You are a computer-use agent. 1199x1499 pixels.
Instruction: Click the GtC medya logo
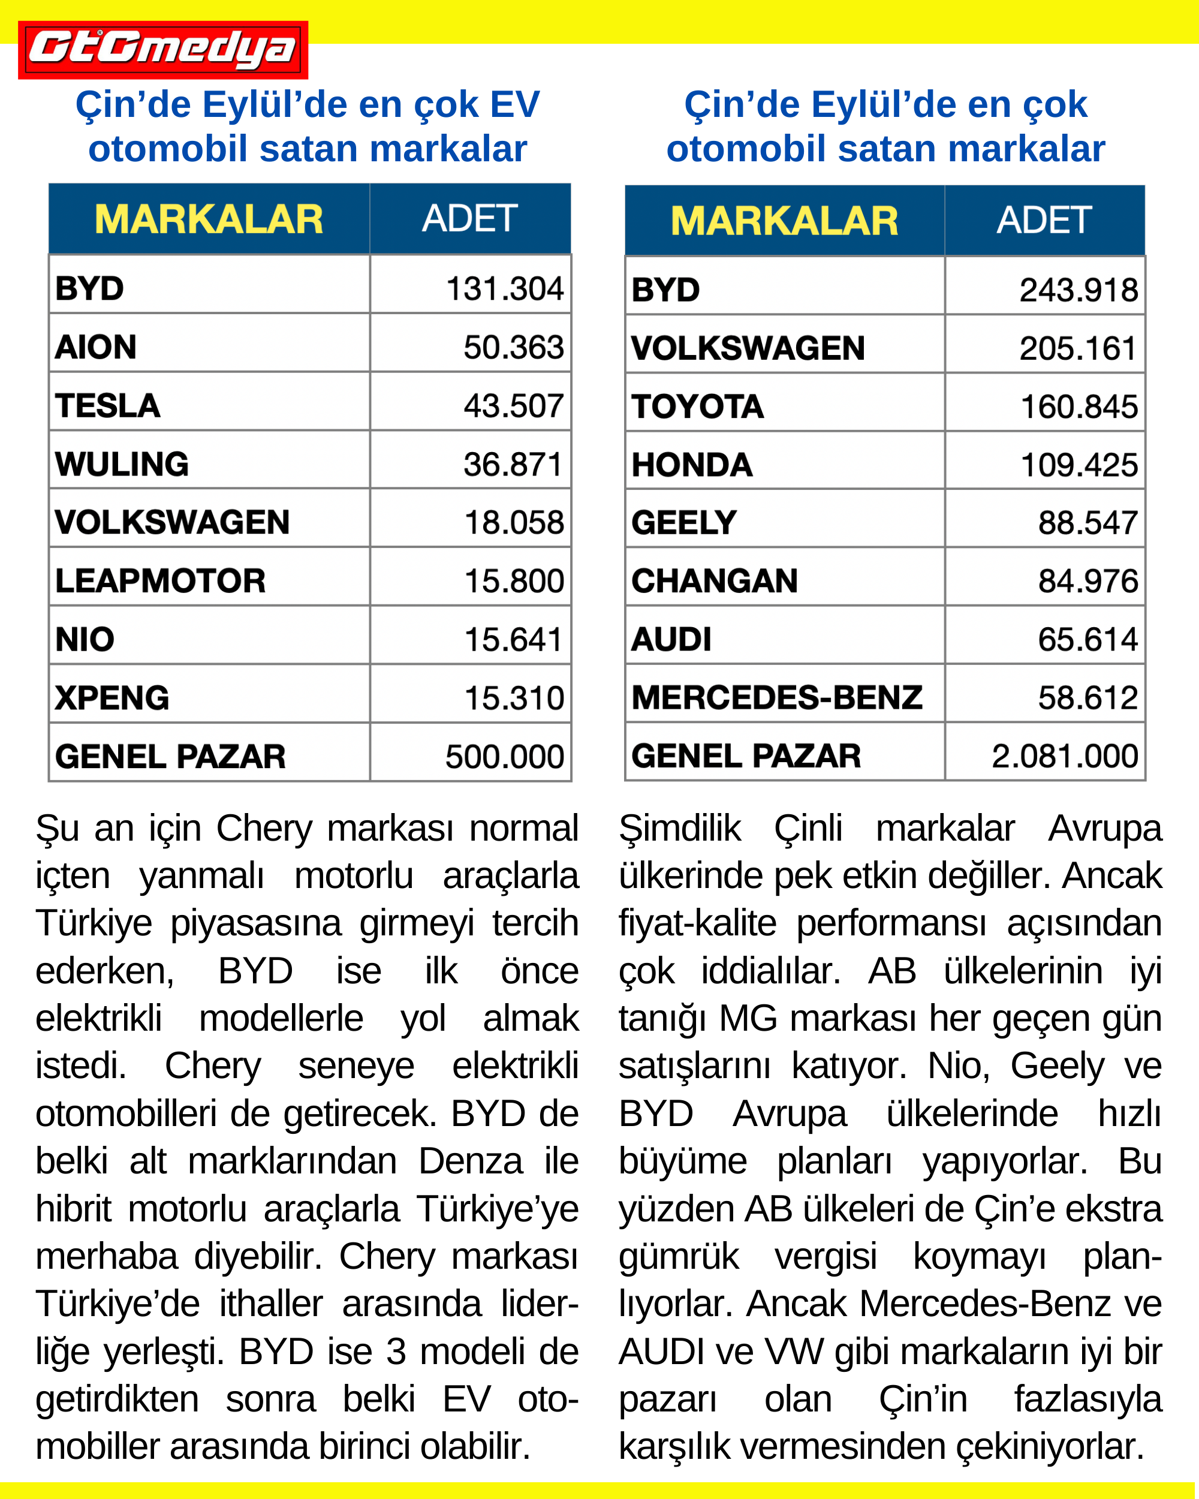[x=162, y=50]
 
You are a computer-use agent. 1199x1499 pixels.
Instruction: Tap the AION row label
[x=96, y=347]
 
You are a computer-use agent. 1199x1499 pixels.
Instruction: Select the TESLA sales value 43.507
[x=513, y=406]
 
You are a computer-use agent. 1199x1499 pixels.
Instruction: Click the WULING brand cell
[x=122, y=465]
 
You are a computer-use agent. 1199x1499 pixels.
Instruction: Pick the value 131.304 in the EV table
[x=504, y=289]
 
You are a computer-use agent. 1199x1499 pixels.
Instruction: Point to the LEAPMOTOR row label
[x=160, y=581]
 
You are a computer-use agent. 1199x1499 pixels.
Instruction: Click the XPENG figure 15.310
[x=514, y=698]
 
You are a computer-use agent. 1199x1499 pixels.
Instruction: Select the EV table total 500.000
[x=504, y=757]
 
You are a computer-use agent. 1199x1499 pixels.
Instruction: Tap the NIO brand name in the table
[x=85, y=640]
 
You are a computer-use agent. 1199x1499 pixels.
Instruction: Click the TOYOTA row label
[x=697, y=407]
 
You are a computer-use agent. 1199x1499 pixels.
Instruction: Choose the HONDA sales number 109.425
[x=1078, y=465]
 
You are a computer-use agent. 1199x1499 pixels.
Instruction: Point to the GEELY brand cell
[x=684, y=523]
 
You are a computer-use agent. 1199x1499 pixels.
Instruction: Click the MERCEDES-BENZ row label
[x=776, y=697]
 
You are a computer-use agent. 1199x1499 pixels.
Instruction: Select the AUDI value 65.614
[x=1087, y=640]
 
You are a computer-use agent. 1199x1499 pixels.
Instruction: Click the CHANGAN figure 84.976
[x=1087, y=581]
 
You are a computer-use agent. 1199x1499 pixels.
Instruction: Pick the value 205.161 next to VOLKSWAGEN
[x=1077, y=348]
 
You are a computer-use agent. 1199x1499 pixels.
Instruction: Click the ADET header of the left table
[x=469, y=218]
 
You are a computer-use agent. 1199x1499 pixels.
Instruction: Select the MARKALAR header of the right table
[x=784, y=221]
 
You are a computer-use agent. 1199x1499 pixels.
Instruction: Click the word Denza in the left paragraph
[x=470, y=1161]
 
